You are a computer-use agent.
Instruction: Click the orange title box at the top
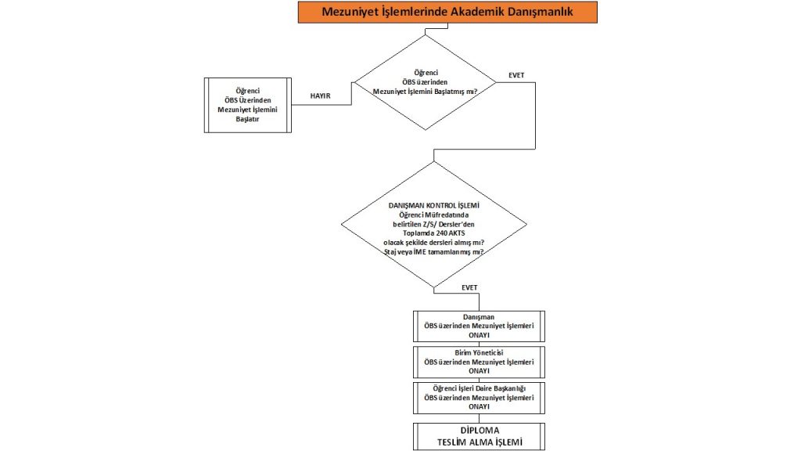[447, 12]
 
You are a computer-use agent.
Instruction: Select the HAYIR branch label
[321, 96]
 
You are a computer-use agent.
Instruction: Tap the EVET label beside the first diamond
[516, 76]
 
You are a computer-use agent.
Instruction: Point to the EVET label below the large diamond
[469, 287]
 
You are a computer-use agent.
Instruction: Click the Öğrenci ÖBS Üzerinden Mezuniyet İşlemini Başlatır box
[247, 105]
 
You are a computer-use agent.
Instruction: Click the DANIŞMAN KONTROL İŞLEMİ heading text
[433, 204]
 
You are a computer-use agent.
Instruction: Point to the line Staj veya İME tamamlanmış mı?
[433, 251]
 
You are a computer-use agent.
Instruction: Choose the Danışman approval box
[478, 326]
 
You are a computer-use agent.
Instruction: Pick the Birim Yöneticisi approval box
[478, 362]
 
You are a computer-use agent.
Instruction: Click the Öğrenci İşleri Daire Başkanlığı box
[478, 397]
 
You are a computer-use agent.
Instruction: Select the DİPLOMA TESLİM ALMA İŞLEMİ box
[478, 437]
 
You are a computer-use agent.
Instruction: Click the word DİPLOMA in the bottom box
[478, 431]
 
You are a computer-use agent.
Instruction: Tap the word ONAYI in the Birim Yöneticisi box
[478, 371]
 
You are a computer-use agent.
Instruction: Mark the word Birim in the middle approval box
[465, 353]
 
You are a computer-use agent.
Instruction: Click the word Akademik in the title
[472, 12]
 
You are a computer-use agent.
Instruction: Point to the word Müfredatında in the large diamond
[452, 214]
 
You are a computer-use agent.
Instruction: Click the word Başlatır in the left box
[247, 119]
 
